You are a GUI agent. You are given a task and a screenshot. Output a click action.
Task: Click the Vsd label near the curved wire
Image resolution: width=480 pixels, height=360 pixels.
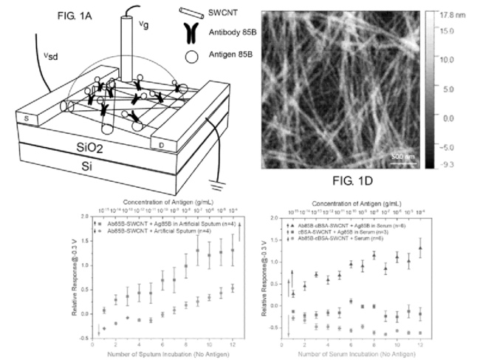pos(25,55)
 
